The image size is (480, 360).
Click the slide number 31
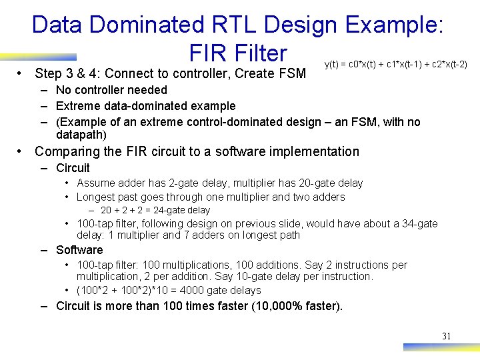pyautogui.click(x=446, y=336)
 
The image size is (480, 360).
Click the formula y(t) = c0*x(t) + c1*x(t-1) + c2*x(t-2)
pyautogui.click(x=395, y=65)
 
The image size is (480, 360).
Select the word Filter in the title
pyautogui.click(x=257, y=53)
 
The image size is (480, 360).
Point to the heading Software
pyautogui.click(x=79, y=250)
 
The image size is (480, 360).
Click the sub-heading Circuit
pyautogui.click(x=73, y=168)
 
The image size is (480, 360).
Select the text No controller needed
pyautogui.click(x=111, y=90)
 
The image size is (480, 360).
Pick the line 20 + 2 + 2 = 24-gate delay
pyautogui.click(x=155, y=210)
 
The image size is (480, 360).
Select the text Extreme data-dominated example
pyautogui.click(x=145, y=106)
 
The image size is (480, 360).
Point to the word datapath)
pyautogui.click(x=81, y=135)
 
